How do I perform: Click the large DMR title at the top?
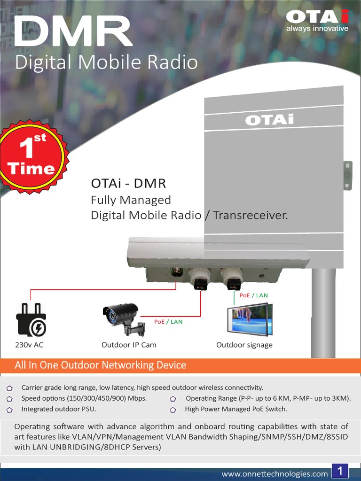coord(73,31)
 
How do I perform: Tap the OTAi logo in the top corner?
coord(317,20)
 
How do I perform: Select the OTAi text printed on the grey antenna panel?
coord(269,120)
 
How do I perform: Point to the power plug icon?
coord(31,319)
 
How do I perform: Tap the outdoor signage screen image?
coord(249,319)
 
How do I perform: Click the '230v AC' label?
coord(29,345)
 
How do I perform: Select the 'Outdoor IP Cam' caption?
coord(129,345)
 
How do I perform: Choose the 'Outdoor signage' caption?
coord(244,345)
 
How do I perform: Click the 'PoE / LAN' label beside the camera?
coord(168,322)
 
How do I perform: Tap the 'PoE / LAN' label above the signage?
coord(253,295)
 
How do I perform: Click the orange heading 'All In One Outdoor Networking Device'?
coord(101,365)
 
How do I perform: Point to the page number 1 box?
coord(340,471)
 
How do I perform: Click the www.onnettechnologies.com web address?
coord(275,473)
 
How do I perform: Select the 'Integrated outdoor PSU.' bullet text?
coord(59,409)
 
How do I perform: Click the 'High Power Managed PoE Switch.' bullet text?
coord(236,409)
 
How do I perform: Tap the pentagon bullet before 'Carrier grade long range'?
coord(9,388)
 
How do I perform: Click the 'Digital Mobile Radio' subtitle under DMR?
coord(106,62)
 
